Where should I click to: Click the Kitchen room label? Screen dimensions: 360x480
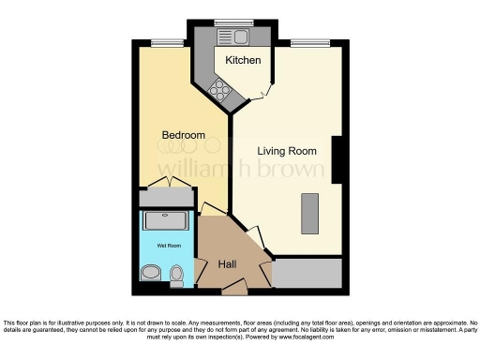[x=242, y=60]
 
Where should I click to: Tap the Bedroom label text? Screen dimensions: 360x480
[x=183, y=136]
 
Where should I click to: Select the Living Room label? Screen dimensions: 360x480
[x=287, y=151]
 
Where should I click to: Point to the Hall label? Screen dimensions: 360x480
[x=228, y=264]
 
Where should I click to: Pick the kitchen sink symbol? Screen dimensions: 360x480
[x=231, y=37]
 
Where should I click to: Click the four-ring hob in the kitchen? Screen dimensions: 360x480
[x=221, y=89]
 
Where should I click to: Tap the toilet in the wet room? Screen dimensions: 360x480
[x=176, y=274]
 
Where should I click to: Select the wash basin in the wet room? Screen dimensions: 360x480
[x=149, y=274]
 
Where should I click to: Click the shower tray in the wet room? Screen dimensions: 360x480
[x=165, y=222]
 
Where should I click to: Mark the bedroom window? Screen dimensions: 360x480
[x=168, y=41]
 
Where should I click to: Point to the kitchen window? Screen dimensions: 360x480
[x=227, y=22]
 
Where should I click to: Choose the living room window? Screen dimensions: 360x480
[x=309, y=41]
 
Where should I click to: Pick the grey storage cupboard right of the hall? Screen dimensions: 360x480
[x=309, y=272]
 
